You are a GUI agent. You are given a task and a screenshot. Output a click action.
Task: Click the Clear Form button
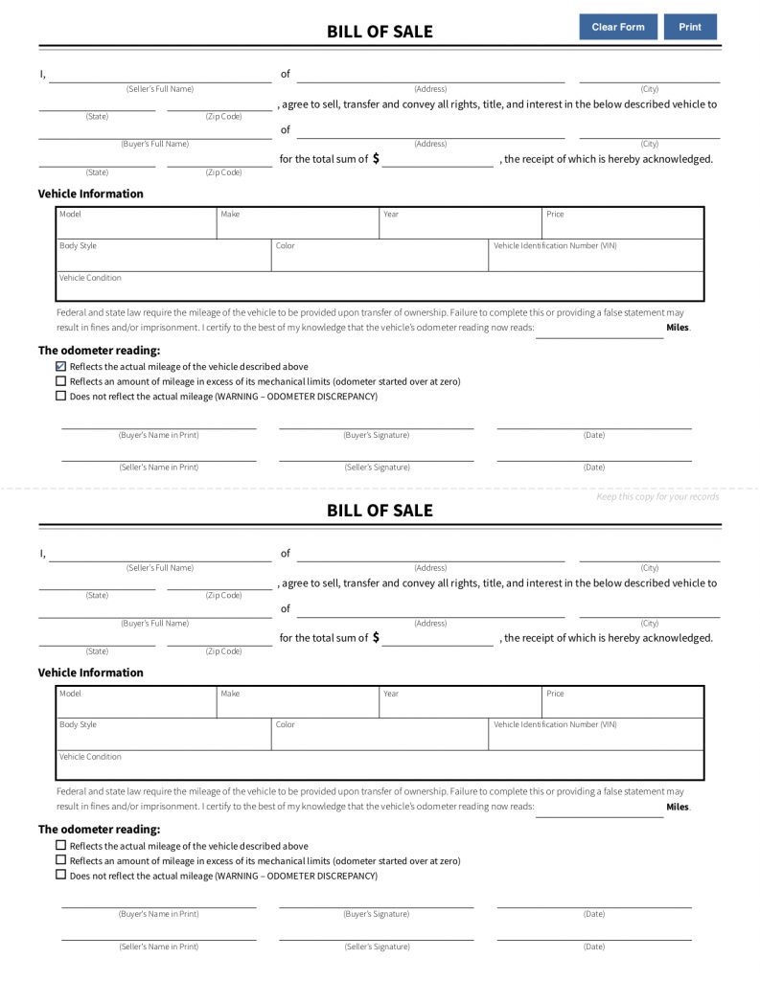pos(618,27)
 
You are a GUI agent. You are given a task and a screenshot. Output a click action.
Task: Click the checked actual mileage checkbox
pos(61,366)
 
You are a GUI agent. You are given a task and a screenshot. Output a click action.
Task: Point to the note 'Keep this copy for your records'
pos(656,496)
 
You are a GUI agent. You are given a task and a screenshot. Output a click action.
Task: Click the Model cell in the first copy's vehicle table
pos(137,224)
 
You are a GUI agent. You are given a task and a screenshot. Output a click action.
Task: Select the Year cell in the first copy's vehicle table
pos(460,224)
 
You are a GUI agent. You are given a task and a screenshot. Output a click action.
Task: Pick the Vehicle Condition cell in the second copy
pos(380,765)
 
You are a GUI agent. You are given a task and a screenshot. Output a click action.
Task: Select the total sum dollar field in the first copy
pos(438,161)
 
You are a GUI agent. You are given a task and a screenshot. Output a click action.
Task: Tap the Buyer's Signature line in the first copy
pos(376,423)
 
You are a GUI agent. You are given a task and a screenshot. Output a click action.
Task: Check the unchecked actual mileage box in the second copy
pos(61,846)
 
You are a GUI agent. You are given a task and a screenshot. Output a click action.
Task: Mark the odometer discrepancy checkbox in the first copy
pos(61,396)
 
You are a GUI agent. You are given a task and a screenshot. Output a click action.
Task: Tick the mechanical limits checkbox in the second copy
pos(61,860)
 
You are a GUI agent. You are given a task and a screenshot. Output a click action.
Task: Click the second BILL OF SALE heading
pos(380,511)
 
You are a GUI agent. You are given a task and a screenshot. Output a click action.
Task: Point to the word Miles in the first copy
pos(677,328)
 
